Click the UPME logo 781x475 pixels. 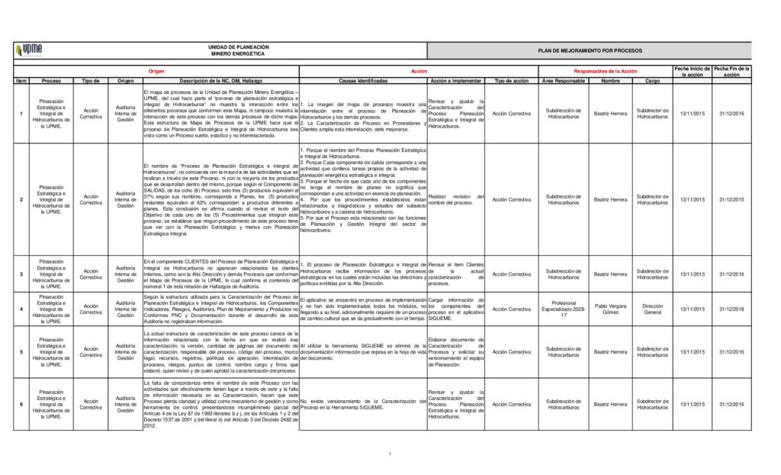pos(32,51)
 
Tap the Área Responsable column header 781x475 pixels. pos(564,80)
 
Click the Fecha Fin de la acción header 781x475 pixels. pos(731,72)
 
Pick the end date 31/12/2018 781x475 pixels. pos(731,309)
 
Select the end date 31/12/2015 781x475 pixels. pos(731,199)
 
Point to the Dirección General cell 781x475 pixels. pos(653,309)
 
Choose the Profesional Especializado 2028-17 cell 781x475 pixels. pos(564,309)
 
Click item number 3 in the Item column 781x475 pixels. pos(21,273)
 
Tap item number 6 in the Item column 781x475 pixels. pos(21,404)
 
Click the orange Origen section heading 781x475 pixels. pos(156,70)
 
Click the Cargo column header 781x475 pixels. pos(653,80)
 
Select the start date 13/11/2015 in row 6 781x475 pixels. pos(693,404)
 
